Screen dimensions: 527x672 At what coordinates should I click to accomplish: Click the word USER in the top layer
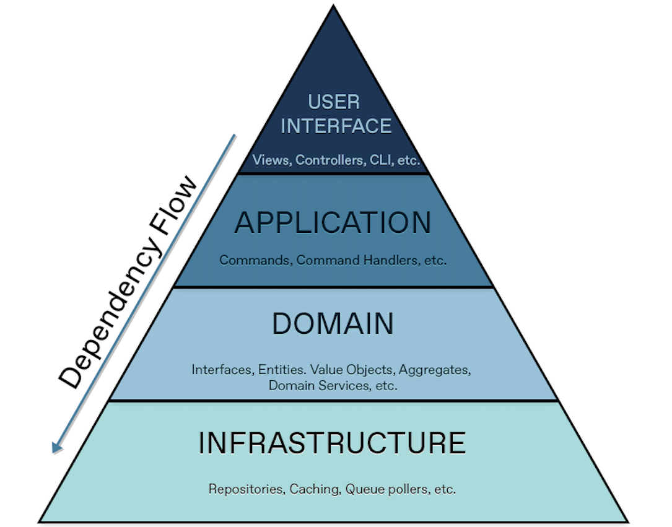334,102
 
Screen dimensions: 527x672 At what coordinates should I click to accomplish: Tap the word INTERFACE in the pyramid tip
336,126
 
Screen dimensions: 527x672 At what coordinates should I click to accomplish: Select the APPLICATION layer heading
333,223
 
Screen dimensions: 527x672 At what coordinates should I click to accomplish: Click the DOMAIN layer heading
333,324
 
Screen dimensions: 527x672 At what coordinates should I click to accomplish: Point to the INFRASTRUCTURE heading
332,443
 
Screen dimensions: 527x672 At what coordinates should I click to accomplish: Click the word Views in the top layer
270,160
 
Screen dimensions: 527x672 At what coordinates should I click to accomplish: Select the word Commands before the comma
254,260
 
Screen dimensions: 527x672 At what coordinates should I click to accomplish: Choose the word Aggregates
435,370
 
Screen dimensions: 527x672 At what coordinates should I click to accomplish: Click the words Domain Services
314,385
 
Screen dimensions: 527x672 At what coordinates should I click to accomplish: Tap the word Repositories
246,489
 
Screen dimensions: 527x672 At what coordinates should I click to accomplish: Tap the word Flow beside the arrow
176,205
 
